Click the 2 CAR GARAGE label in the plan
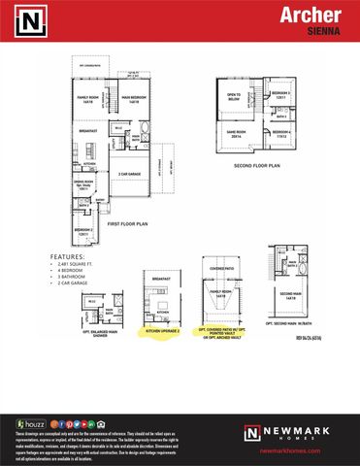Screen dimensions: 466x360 tap(131, 175)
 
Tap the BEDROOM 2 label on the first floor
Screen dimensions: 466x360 tap(85, 230)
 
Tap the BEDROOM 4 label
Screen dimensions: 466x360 tap(281, 133)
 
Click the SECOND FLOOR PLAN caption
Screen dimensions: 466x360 tap(256, 165)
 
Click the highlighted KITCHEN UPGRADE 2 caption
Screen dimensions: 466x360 tap(163, 331)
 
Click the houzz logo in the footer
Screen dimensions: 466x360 tap(30, 423)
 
